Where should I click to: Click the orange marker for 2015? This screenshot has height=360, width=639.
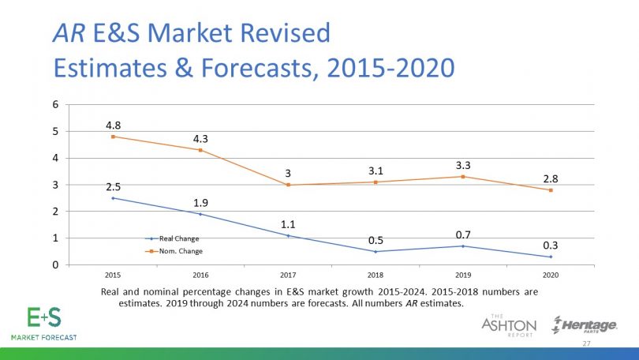pos(114,137)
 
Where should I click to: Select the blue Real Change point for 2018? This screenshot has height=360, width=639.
pos(376,252)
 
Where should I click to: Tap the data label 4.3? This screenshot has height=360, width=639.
pos(200,139)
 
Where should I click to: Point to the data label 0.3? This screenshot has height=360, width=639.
pos(551,246)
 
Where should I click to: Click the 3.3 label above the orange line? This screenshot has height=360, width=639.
pos(463,165)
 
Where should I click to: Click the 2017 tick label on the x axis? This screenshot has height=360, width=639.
pos(288,275)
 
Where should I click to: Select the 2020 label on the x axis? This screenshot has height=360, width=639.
pos(551,275)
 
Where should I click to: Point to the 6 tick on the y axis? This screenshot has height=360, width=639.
pos(55,104)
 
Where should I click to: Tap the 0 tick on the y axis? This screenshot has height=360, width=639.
pos(55,265)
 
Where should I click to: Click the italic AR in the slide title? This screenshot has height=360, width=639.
pos(67,34)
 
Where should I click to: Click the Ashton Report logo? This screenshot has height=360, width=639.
pos(509,324)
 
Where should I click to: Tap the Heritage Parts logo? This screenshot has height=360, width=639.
pos(585,324)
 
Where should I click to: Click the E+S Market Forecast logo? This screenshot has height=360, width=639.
pos(43,321)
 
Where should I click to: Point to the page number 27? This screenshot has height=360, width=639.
pos(586,344)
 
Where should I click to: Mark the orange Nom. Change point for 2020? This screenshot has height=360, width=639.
pos(551,190)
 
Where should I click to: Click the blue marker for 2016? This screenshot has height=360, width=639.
pos(201,214)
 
